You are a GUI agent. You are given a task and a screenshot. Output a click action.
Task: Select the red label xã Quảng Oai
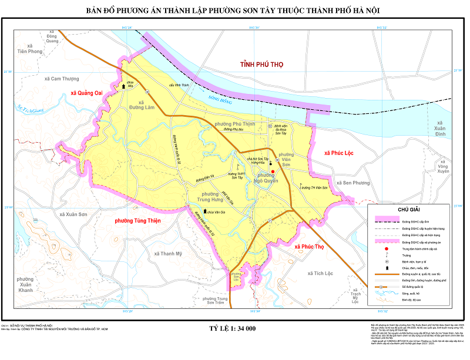(x=86, y=92)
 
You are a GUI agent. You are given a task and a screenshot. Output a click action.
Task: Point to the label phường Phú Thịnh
(x=235, y=125)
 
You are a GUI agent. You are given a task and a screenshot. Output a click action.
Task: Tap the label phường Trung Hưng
(x=202, y=198)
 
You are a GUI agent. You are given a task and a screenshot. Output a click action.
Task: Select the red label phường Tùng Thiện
(x=138, y=221)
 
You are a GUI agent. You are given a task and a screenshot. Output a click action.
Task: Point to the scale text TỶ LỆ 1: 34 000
(x=233, y=329)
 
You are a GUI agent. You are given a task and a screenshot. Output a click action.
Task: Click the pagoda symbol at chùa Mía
(x=123, y=86)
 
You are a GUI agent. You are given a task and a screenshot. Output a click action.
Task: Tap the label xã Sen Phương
(x=352, y=183)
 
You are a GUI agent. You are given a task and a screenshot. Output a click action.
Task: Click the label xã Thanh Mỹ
(x=168, y=254)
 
